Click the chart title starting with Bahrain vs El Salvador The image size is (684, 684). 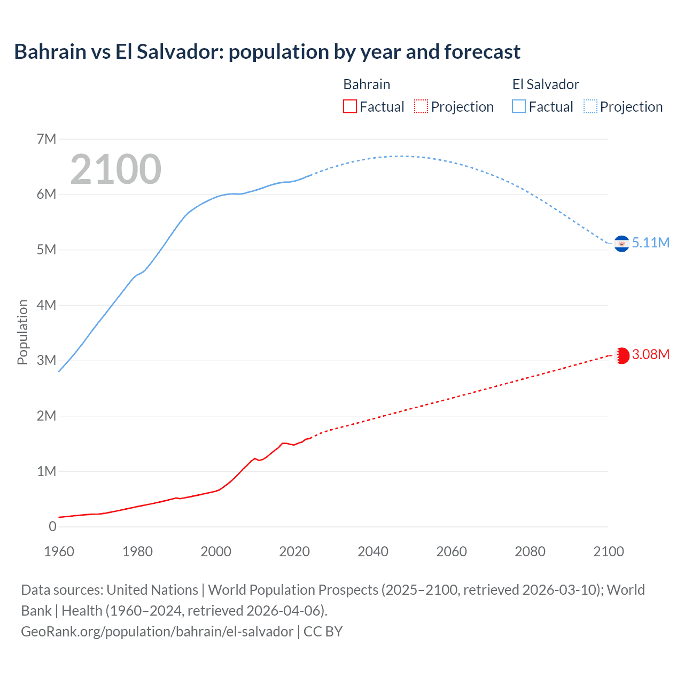click(267, 52)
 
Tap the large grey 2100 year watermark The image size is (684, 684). click(115, 169)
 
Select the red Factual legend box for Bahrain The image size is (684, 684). click(349, 107)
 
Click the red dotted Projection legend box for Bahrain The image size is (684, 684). click(421, 107)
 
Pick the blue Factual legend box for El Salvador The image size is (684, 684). click(519, 107)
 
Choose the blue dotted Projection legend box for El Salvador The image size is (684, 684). click(590, 107)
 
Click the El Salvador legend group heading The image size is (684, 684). click(546, 84)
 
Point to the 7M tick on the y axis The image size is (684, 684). click(46, 139)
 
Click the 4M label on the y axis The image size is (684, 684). click(46, 305)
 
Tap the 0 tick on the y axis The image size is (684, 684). click(52, 526)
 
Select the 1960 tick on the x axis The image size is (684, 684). click(59, 551)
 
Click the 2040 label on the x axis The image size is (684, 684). click(373, 551)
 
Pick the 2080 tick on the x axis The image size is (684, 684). click(530, 551)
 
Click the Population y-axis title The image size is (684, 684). click(22, 332)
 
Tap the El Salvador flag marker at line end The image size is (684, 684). click(621, 244)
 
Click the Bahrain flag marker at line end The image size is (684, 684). click(621, 355)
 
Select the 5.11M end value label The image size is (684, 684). click(651, 243)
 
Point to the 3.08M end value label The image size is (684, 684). click(651, 355)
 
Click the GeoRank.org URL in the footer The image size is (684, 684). click(157, 632)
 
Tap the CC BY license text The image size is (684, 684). click(323, 632)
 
